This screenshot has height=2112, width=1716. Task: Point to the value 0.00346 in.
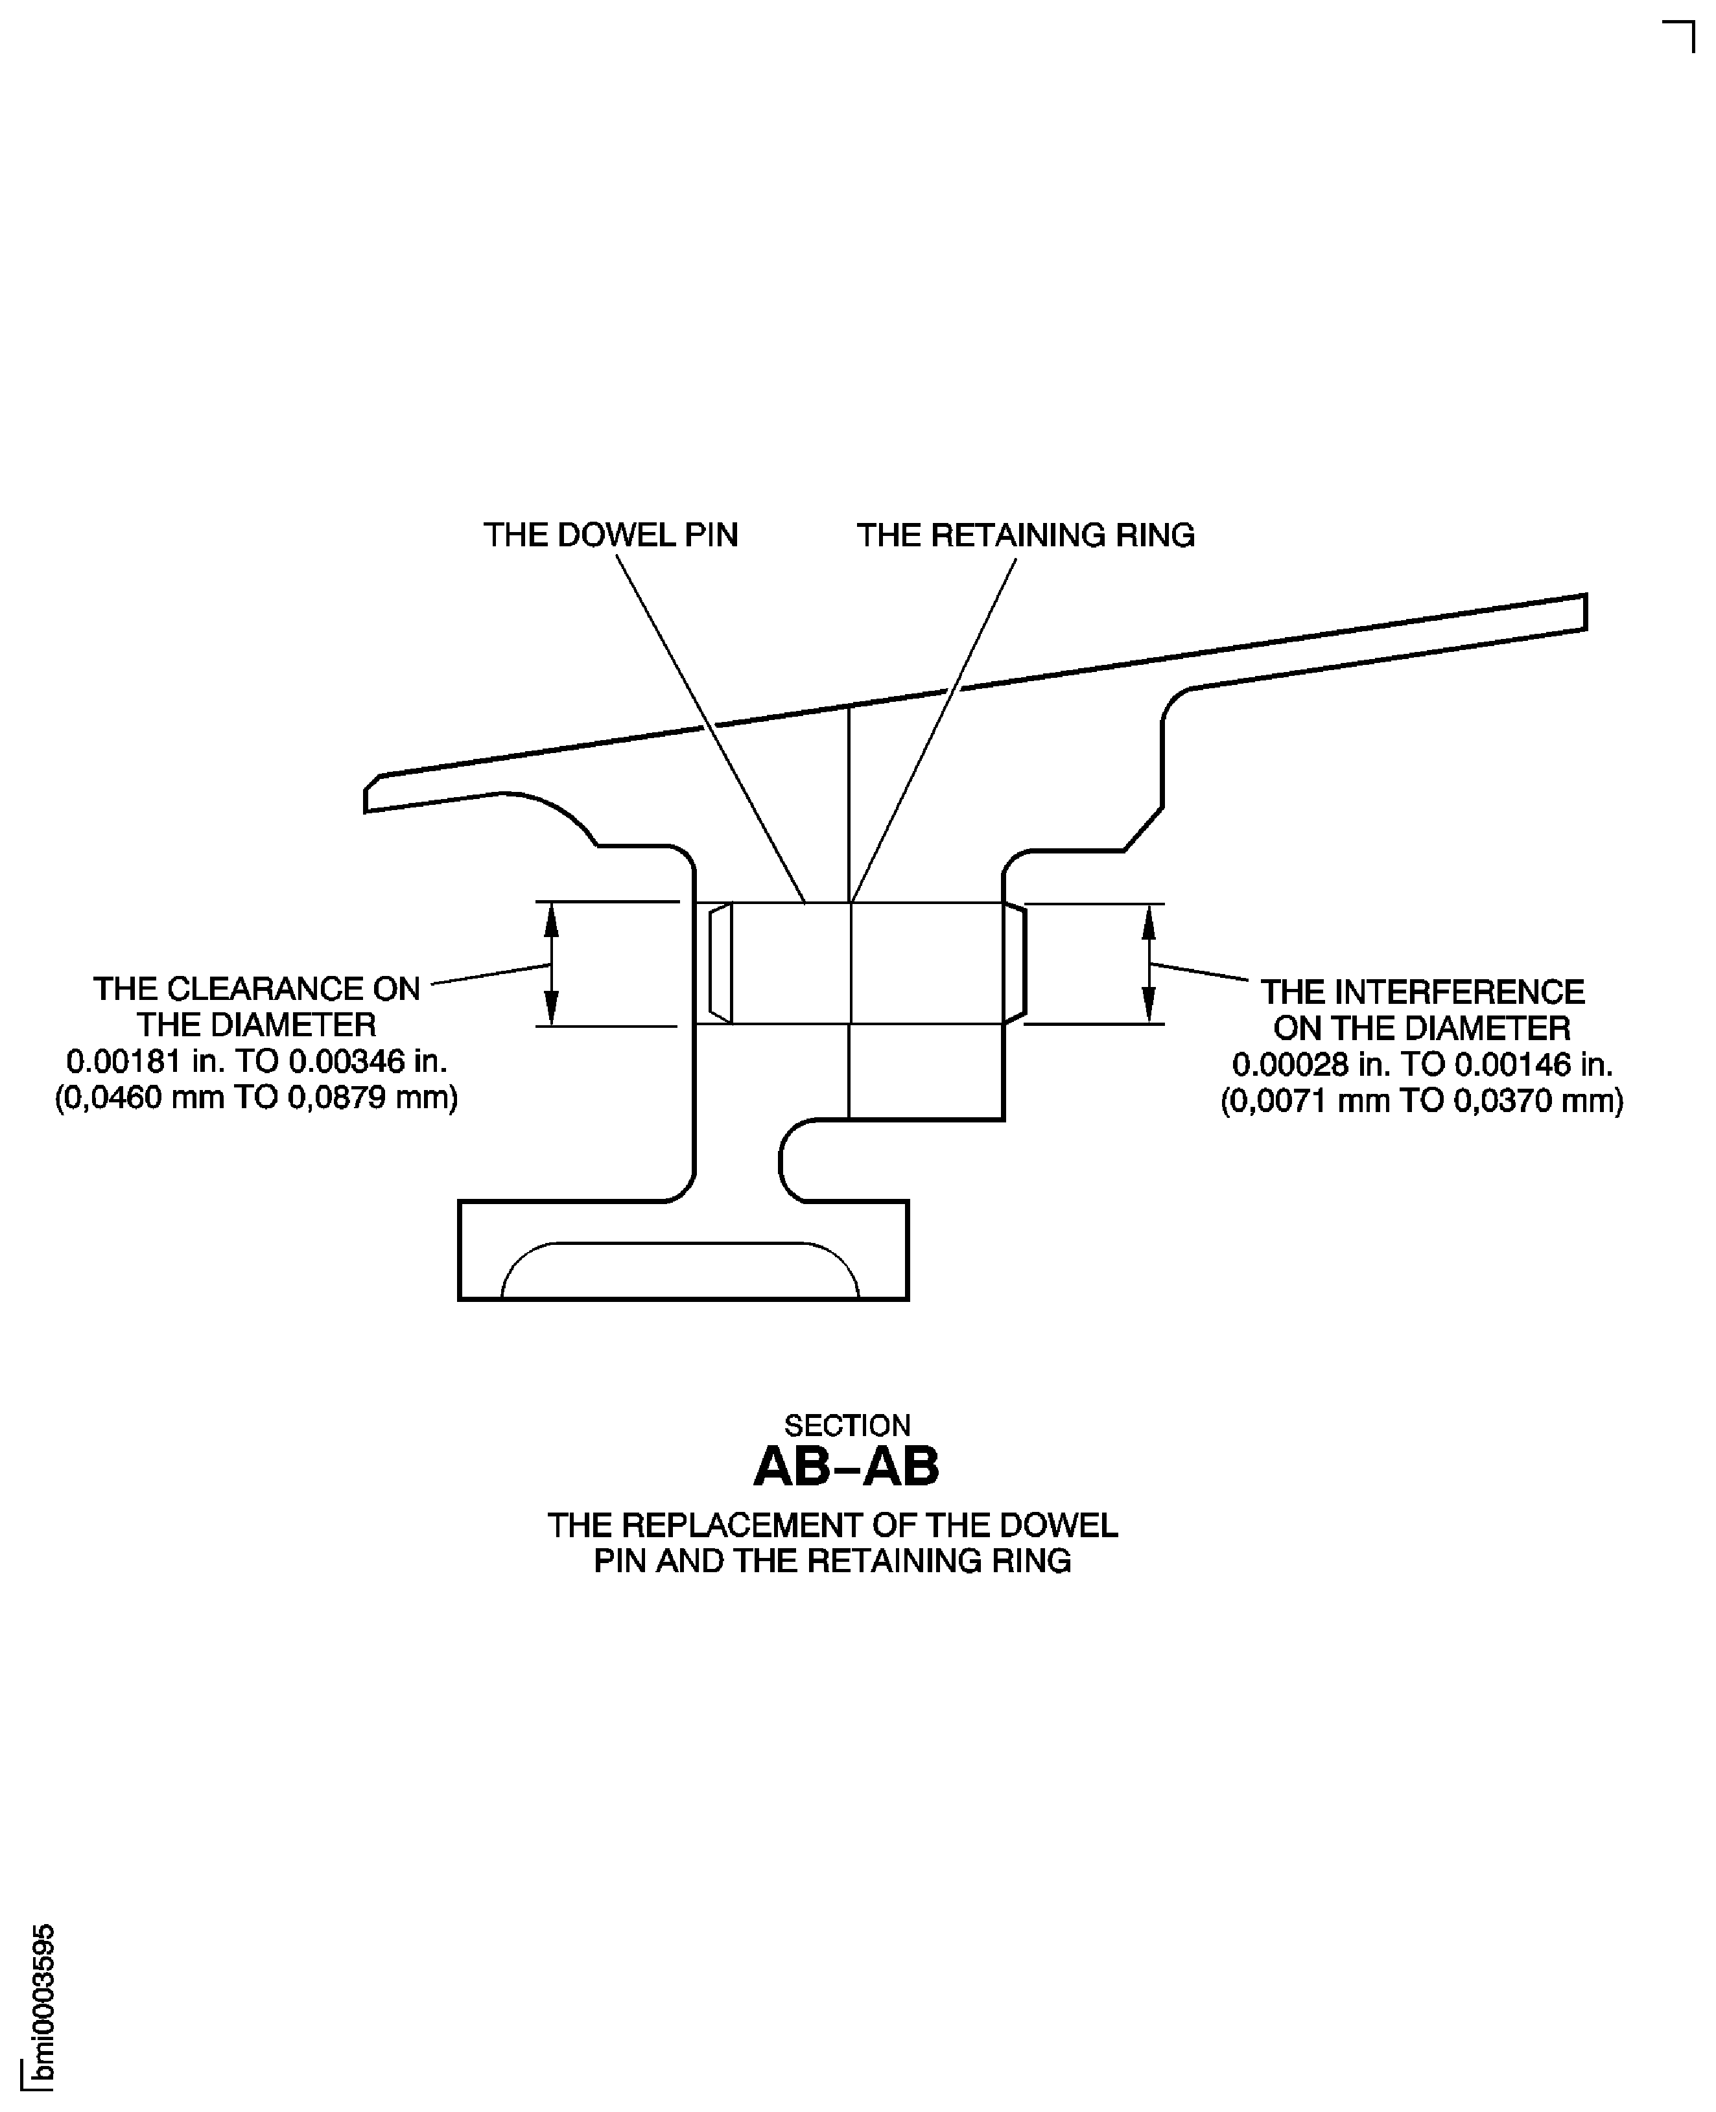(368, 1062)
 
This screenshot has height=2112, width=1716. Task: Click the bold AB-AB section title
(846, 1467)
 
